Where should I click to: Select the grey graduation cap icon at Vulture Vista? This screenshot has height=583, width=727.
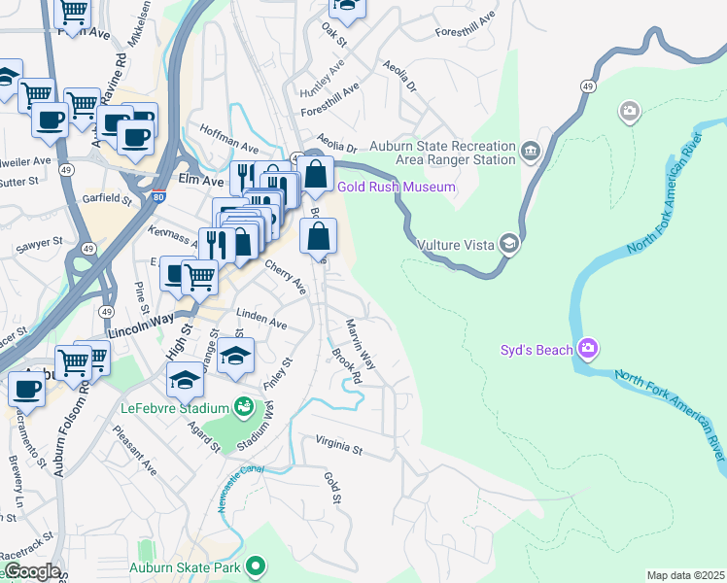point(508,243)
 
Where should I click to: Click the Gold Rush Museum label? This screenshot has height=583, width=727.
point(396,187)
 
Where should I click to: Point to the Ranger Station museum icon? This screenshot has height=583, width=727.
point(531,151)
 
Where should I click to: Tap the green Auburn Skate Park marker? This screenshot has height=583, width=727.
point(256,565)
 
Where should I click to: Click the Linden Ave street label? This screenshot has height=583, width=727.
point(262,322)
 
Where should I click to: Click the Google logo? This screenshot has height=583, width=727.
point(31,571)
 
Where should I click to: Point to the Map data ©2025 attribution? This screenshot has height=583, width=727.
point(685,575)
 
